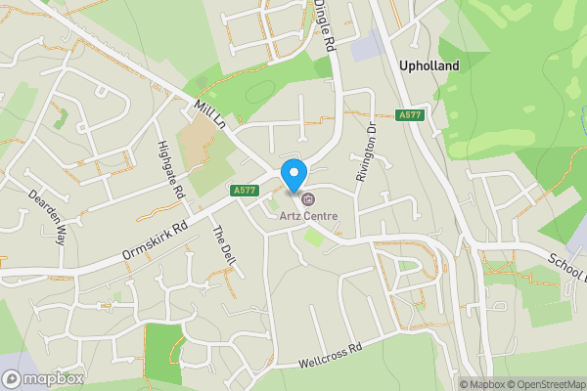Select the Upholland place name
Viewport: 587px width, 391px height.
click(429, 65)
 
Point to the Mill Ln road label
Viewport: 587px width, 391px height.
click(209, 114)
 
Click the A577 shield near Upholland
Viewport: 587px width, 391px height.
click(410, 115)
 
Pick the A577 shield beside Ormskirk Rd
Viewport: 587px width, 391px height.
click(244, 190)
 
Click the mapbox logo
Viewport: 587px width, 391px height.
click(43, 378)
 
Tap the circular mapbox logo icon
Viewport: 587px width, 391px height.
click(12, 378)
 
